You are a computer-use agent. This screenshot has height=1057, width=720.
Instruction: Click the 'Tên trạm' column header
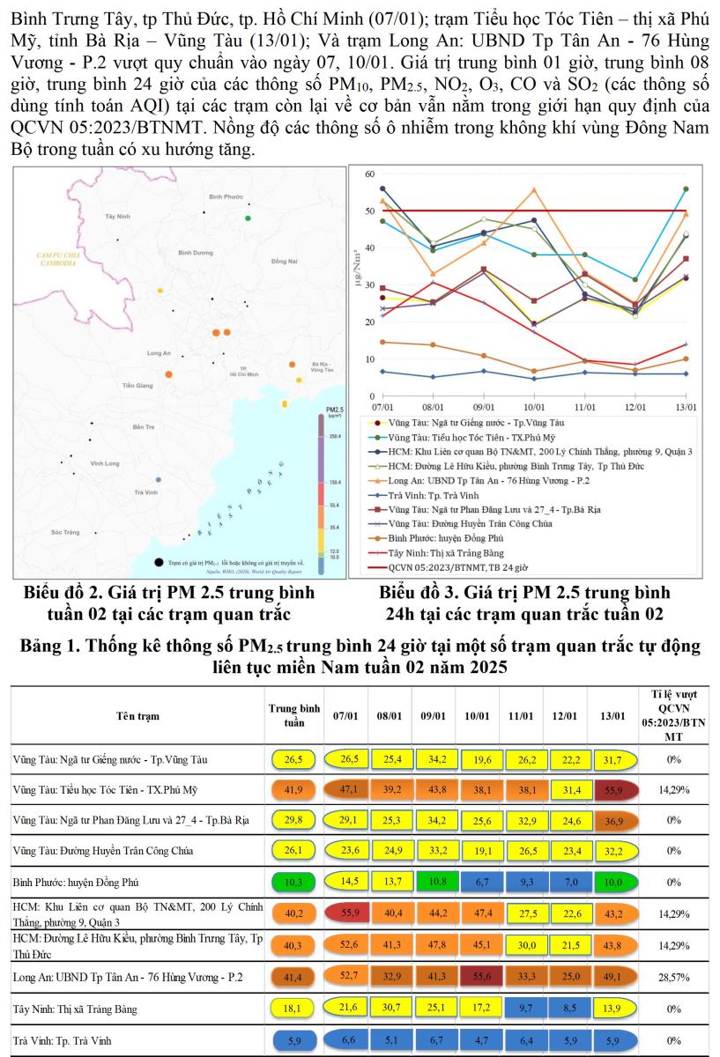(137, 715)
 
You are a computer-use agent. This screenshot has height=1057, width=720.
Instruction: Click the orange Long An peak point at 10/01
(534, 189)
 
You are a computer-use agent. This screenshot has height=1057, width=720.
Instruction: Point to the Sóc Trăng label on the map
(65, 532)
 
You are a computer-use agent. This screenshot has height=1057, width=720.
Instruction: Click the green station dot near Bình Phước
(248, 218)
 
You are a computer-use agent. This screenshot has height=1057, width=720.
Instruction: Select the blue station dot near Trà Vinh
(158, 479)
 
